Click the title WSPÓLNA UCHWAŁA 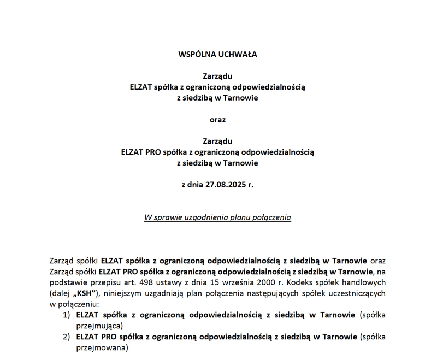[217, 55]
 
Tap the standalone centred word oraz [217, 120]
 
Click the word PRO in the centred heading [153, 152]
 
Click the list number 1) [66, 315]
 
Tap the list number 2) [66, 337]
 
